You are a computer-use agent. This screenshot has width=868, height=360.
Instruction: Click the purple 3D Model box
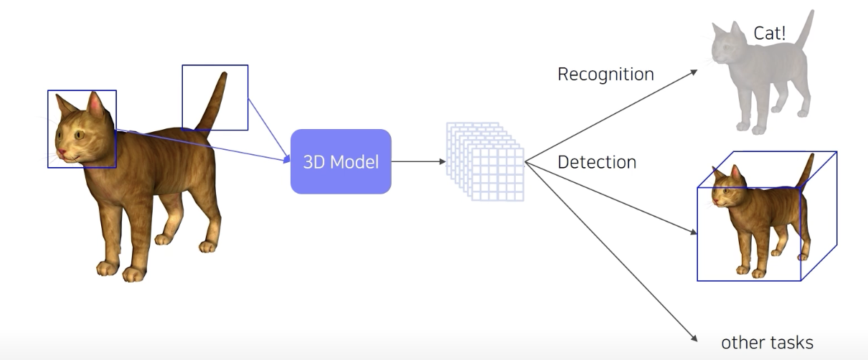341,161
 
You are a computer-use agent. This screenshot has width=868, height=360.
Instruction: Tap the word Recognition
605,74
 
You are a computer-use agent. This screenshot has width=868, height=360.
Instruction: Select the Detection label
597,162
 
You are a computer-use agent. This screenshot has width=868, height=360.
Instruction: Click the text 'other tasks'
767,343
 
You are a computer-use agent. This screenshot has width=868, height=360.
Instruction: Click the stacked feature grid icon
485,161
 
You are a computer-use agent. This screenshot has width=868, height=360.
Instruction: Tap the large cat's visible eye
78,134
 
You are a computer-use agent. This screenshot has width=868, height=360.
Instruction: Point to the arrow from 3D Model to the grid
416,161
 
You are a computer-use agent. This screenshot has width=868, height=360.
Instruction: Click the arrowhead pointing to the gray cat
694,71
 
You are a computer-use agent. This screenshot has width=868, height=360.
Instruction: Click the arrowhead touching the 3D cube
694,233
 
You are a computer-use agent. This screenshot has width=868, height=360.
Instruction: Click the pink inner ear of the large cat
95,106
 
